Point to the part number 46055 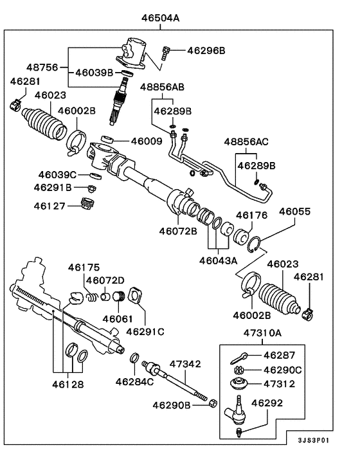pos(294,211)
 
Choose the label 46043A pos(219,260)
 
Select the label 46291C pos(145,332)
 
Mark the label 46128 pos(65,383)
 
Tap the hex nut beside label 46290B pos(212,403)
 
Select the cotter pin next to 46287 pos(240,355)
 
